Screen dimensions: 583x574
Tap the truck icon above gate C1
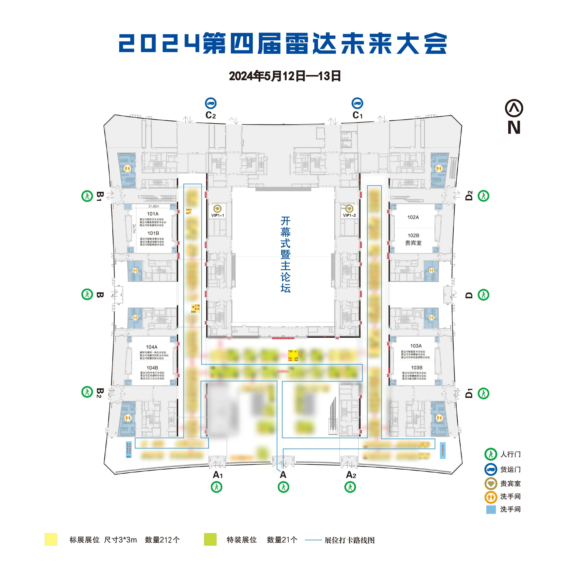click(358, 103)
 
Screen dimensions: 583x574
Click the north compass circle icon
click(514, 108)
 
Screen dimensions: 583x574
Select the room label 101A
click(152, 214)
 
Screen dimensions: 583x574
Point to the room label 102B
click(413, 235)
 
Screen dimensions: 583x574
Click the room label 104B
click(152, 368)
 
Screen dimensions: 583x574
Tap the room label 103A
click(416, 346)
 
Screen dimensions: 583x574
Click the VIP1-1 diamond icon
click(217, 209)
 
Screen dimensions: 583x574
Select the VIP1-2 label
click(349, 215)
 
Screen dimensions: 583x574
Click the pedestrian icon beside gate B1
click(87, 196)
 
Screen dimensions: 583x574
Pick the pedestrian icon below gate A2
click(350, 487)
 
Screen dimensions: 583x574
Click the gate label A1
click(218, 475)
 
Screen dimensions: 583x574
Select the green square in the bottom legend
click(210, 539)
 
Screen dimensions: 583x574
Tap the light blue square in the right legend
click(491, 509)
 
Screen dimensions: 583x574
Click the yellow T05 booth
click(293, 355)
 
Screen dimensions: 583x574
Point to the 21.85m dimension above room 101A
click(154, 206)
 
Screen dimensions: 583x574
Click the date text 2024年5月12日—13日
click(285, 76)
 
